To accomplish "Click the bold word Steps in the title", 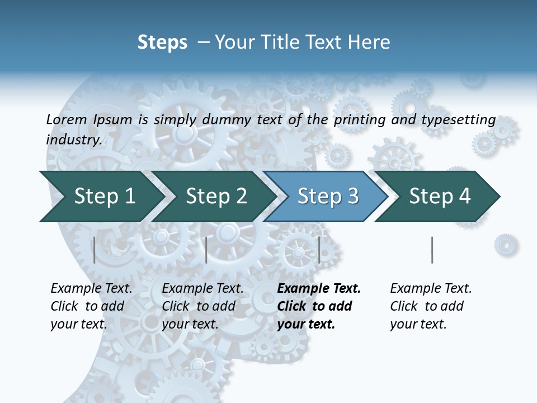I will [x=162, y=43].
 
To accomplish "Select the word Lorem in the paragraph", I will [x=67, y=120].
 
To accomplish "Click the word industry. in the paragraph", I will [x=74, y=140].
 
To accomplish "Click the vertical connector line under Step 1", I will [x=95, y=250].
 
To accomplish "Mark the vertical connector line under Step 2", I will [x=206, y=250].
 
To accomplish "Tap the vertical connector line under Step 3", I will [x=319, y=250].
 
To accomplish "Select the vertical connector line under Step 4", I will [x=432, y=250].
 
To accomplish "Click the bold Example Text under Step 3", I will [x=319, y=289].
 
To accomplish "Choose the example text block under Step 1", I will [x=91, y=306].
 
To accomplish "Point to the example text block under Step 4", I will [x=431, y=306].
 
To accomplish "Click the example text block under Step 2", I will [x=202, y=306].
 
